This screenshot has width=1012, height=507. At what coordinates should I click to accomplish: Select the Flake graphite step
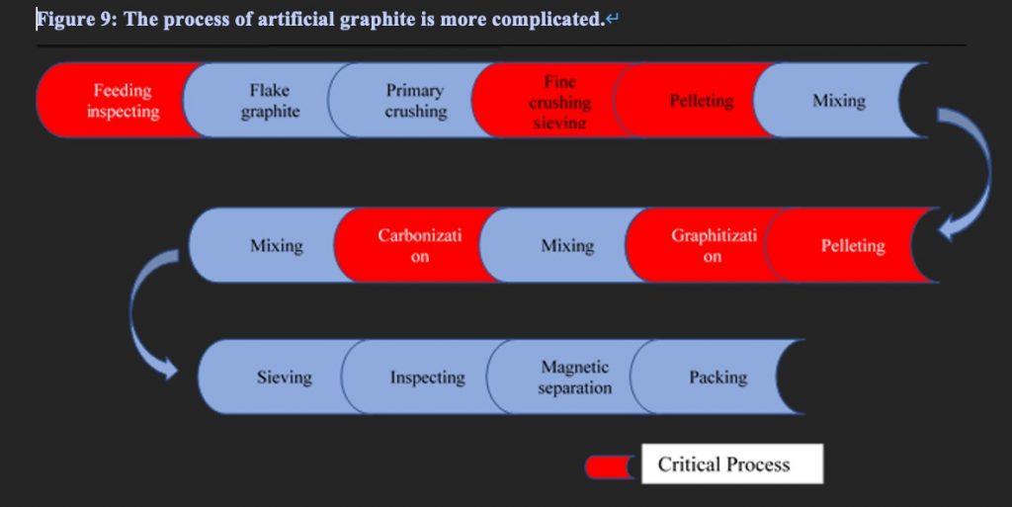[x=270, y=101]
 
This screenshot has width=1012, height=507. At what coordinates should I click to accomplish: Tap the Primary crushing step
[x=415, y=101]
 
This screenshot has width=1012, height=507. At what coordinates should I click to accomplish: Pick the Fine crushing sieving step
[x=559, y=101]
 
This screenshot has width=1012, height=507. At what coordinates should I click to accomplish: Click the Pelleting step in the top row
[x=702, y=101]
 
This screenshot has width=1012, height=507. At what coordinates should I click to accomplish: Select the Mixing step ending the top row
[x=838, y=101]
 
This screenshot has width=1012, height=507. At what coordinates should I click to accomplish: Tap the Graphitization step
[x=713, y=246]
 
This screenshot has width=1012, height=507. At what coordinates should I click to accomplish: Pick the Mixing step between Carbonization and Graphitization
[x=567, y=246]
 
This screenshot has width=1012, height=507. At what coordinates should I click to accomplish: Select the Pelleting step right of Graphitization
[x=853, y=246]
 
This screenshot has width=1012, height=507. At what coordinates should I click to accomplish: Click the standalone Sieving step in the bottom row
[x=284, y=377]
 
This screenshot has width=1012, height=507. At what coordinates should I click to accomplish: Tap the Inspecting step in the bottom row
[x=427, y=377]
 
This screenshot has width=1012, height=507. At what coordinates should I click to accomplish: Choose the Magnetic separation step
[x=574, y=377]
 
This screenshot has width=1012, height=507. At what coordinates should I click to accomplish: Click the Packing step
[x=717, y=377]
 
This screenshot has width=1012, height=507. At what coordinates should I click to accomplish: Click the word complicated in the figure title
[x=544, y=20]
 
